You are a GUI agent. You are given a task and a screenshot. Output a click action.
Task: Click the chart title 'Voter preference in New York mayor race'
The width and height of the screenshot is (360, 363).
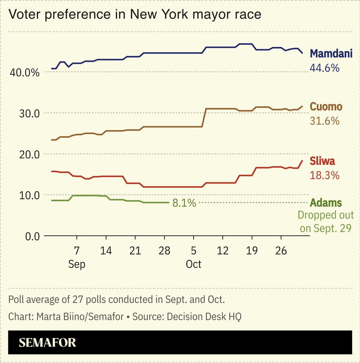(135, 15)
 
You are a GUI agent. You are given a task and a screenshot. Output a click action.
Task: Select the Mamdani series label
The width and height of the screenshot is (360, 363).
(331, 53)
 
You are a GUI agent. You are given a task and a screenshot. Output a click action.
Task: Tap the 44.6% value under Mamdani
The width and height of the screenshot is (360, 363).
(324, 68)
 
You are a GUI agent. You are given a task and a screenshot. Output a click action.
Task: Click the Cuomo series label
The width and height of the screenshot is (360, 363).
(326, 107)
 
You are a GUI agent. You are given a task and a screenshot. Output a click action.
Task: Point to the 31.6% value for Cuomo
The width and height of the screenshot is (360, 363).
(324, 121)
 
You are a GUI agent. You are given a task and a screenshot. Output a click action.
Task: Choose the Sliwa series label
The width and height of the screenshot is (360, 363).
(322, 161)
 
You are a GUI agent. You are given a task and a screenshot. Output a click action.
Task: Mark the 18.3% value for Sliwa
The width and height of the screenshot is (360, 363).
(324, 175)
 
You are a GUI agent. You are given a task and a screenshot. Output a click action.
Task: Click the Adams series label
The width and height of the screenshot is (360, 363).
(326, 203)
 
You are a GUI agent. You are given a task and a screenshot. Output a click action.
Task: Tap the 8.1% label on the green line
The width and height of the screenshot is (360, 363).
(184, 203)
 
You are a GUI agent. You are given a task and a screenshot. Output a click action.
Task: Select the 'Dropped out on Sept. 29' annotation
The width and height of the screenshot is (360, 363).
(326, 221)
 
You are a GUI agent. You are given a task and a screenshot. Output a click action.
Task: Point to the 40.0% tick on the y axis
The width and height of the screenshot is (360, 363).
(25, 73)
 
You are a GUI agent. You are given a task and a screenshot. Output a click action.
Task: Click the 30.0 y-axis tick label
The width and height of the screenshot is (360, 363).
(29, 113)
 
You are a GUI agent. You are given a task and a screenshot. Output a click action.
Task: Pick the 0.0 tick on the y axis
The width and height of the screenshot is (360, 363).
(32, 236)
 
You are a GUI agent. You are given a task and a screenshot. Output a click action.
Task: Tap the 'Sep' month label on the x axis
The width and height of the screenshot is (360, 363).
(77, 264)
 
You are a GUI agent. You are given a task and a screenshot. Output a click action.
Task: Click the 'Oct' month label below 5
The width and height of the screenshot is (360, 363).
(193, 264)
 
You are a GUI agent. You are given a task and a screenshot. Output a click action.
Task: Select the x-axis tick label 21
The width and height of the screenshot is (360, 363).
(135, 251)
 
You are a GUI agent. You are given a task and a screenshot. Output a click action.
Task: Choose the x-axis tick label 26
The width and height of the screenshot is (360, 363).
(281, 251)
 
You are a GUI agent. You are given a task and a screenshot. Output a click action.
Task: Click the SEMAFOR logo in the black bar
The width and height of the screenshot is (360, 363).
(47, 343)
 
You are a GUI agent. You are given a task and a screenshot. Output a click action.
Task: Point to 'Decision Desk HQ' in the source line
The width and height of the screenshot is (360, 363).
(204, 316)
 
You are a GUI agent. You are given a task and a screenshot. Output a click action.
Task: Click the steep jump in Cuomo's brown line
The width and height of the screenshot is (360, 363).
(204, 118)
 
